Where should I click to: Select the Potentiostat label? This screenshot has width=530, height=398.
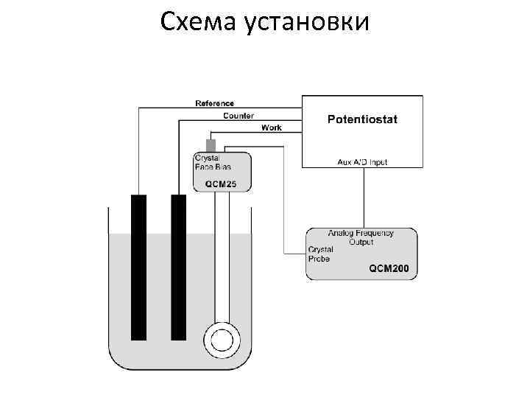pos(362,119)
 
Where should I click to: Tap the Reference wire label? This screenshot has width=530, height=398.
pos(214,103)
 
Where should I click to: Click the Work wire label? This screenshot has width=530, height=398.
pos(271,128)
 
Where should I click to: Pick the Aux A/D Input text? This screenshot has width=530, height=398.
pos(362,161)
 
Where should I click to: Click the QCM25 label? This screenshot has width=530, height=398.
pos(221,184)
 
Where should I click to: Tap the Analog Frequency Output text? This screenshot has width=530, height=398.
pos(361,237)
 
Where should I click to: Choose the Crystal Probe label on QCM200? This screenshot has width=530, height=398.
pos(321,254)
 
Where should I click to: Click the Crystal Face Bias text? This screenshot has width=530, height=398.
pos(211,162)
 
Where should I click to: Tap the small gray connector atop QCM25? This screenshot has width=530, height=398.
pos(211,144)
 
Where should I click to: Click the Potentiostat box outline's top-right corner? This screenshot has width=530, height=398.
pos(423,95)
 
